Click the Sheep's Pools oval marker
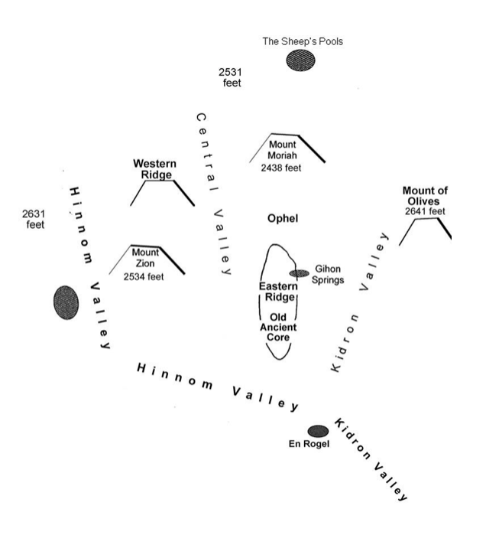point(300,60)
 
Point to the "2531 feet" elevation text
point(232,77)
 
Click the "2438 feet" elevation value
point(281,167)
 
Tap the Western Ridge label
point(154,169)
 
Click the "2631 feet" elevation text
point(34,220)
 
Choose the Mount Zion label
point(145,258)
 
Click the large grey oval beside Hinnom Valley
point(66,302)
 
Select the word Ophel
point(282,219)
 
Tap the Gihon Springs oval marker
point(299,273)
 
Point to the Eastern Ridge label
point(278,292)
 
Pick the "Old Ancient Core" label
point(278,327)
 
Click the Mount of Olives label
point(426,196)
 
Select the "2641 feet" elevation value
point(426,211)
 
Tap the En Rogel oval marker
point(318,432)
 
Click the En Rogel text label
point(309,445)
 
